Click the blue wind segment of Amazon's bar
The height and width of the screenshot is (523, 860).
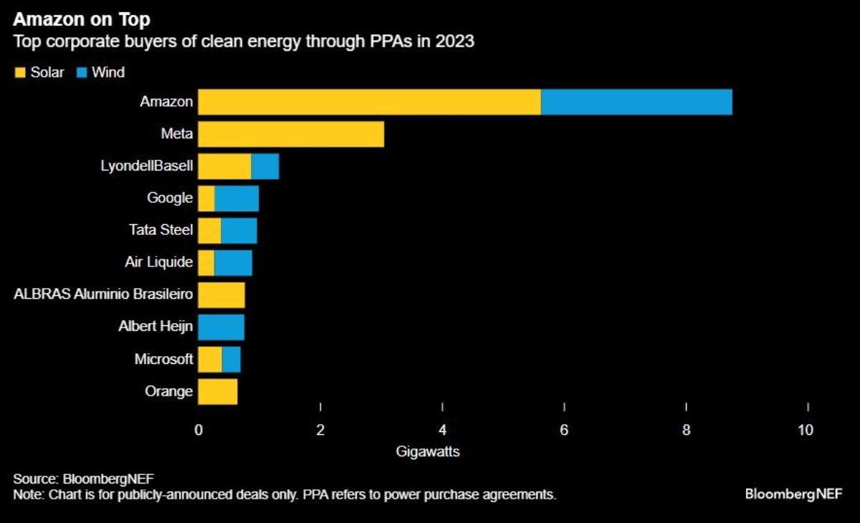(x=636, y=102)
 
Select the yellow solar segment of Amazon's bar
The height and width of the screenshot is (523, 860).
(x=369, y=102)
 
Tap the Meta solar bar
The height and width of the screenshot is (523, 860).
(x=291, y=134)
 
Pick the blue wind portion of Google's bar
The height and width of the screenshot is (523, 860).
(x=236, y=198)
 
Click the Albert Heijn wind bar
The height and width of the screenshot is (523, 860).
(x=221, y=327)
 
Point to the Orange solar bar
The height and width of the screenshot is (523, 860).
(x=218, y=391)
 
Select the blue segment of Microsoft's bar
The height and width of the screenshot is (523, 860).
(x=231, y=359)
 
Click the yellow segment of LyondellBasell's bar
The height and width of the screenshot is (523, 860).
(x=224, y=166)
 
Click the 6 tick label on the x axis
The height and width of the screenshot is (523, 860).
(x=564, y=430)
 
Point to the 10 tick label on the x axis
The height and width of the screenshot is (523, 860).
(x=806, y=430)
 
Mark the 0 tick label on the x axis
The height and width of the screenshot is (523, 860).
(x=199, y=430)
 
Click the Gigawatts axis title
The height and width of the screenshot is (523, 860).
(x=428, y=452)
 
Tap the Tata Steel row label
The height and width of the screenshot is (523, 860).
(x=161, y=230)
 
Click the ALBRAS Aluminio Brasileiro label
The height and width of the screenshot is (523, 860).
(x=103, y=294)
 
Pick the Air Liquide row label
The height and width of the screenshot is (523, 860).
(x=158, y=262)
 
